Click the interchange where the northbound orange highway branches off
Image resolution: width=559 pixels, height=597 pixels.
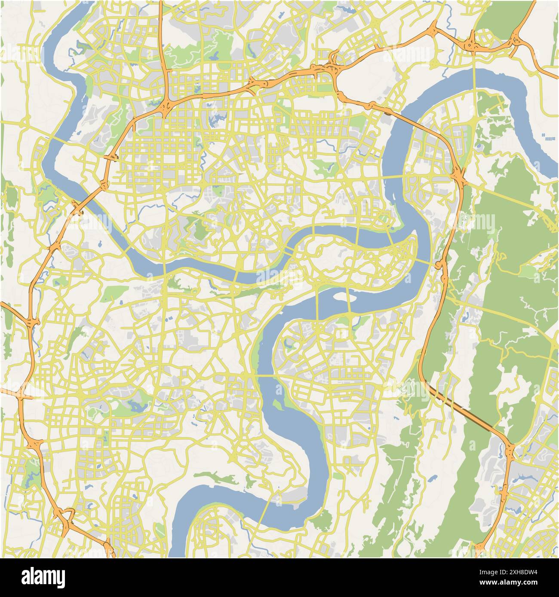click(166, 105)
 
